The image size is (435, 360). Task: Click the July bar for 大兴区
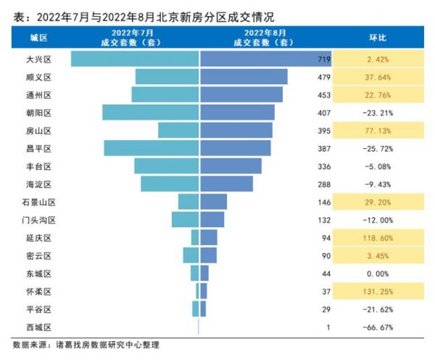135,59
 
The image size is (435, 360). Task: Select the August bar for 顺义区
244,76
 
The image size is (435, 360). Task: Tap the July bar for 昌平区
152,148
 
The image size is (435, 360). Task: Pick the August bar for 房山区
236,130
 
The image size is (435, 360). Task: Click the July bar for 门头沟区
185,220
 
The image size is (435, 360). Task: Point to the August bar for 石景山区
213,202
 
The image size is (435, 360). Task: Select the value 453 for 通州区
323,94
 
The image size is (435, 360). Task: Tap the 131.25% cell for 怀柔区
378,291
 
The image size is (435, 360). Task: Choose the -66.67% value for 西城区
378,327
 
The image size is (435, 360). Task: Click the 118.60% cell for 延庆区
378,237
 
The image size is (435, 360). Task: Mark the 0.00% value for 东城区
378,274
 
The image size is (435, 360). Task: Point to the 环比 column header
378,38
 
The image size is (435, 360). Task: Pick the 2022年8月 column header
265,38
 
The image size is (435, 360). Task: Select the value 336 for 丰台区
323,166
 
